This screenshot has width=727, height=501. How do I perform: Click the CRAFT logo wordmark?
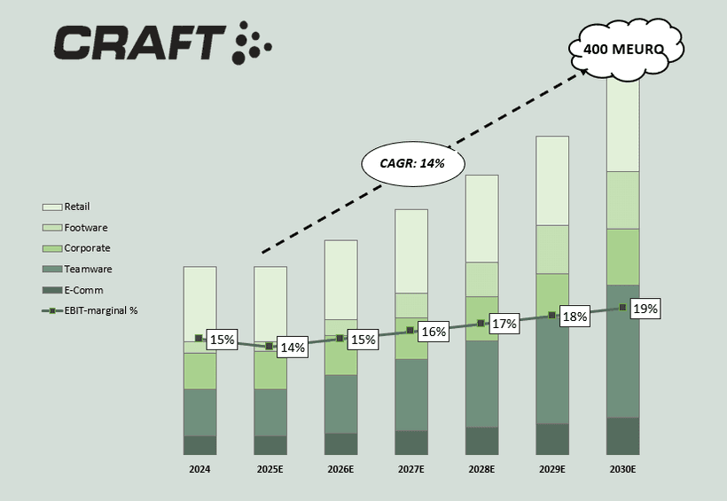(x=140, y=43)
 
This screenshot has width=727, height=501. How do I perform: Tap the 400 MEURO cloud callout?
(x=624, y=50)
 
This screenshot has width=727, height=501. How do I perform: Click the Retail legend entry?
(x=76, y=207)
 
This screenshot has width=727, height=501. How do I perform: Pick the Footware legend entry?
(x=86, y=228)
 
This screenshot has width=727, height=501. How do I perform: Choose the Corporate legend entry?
(x=87, y=248)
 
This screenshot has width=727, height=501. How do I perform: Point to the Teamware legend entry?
(x=88, y=269)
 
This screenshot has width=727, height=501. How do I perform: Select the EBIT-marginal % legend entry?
(x=100, y=310)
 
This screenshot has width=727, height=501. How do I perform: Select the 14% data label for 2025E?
(x=293, y=348)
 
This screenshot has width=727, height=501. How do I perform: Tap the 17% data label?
(x=504, y=324)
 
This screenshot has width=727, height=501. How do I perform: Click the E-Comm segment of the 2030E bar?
(x=623, y=435)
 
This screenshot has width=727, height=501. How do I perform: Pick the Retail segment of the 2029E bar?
(x=552, y=181)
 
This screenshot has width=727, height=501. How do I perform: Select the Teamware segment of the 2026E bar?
(x=340, y=403)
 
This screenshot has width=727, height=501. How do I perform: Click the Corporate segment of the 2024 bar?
(x=199, y=371)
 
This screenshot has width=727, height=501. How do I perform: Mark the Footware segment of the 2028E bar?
(x=481, y=279)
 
